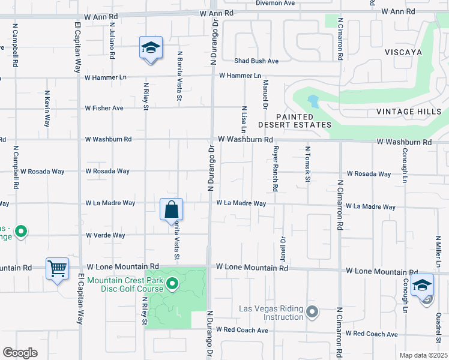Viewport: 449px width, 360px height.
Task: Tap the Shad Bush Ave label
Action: pos(256,61)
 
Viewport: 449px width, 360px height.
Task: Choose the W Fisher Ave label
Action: pos(104,108)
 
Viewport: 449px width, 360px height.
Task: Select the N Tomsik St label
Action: pos(307,165)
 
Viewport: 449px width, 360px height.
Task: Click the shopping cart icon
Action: pos(58,268)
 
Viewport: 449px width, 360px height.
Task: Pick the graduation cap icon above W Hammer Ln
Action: pos(151,48)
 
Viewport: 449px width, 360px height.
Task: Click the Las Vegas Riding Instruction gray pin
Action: pos(312,311)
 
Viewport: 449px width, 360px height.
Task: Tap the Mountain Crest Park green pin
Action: pos(173,283)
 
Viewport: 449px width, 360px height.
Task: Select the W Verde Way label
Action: pos(106,235)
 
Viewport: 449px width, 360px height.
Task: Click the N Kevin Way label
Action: pos(47,109)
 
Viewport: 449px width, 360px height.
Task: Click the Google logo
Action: pos(20,353)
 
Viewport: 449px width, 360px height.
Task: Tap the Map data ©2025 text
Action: pos(423,355)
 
